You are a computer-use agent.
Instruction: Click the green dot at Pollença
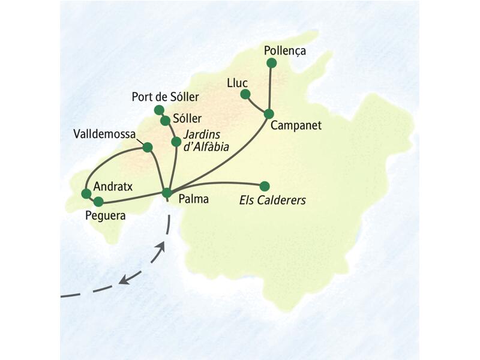[272, 63]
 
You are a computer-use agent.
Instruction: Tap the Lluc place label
[238, 82]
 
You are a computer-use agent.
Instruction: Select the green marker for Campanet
[269, 113]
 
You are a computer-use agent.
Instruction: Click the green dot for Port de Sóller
[159, 110]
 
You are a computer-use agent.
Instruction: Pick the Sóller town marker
[165, 121]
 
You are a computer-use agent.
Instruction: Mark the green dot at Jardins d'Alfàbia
[176, 142]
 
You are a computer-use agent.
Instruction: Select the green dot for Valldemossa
[148, 146]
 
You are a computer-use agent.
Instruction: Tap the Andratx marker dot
[86, 193]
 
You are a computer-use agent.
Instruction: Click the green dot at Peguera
[98, 202]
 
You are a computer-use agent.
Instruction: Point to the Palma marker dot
[167, 193]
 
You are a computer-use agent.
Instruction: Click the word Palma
[193, 199]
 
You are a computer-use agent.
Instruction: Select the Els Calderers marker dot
[264, 185]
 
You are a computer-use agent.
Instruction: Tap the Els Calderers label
[269, 200]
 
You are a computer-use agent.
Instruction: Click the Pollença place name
[285, 51]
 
